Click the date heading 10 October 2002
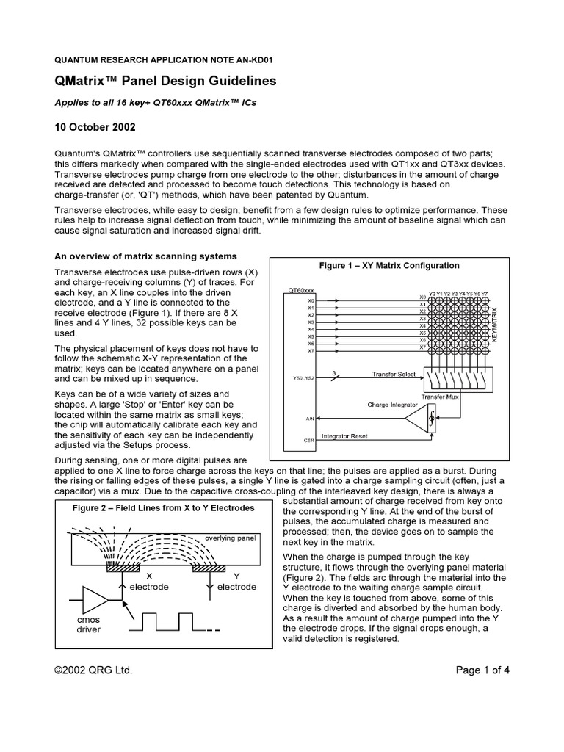(x=95, y=126)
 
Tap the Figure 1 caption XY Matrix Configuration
(x=388, y=265)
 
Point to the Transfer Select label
(x=393, y=374)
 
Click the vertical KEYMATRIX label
(x=494, y=323)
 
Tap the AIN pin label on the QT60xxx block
(x=310, y=418)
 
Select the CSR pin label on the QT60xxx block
(x=310, y=440)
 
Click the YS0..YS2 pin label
(x=303, y=379)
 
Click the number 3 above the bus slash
(x=335, y=372)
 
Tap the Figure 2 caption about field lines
(x=164, y=507)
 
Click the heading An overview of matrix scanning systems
(x=147, y=256)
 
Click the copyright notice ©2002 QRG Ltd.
(x=94, y=670)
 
